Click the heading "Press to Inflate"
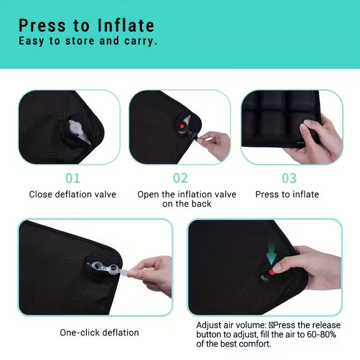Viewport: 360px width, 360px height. pos(86,25)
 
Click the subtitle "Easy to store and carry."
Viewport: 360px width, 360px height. pos(88,41)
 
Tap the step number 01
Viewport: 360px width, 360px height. pos(72,178)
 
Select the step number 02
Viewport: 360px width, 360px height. pos(181,178)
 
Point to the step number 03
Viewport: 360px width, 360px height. pos(289,178)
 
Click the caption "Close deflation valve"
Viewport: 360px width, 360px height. pos(72,194)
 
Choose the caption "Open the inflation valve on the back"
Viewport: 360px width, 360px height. pos(187,199)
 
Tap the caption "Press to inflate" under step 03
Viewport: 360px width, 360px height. pos(287,194)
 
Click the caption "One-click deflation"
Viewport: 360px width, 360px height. pos(99,333)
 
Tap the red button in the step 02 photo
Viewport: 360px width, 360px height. pos(182,126)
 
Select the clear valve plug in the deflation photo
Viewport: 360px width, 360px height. pos(106,268)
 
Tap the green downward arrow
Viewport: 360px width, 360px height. pos(271,254)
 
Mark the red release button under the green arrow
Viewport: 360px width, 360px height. pos(272,272)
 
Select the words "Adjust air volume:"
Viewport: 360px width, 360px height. pos(231,325)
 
